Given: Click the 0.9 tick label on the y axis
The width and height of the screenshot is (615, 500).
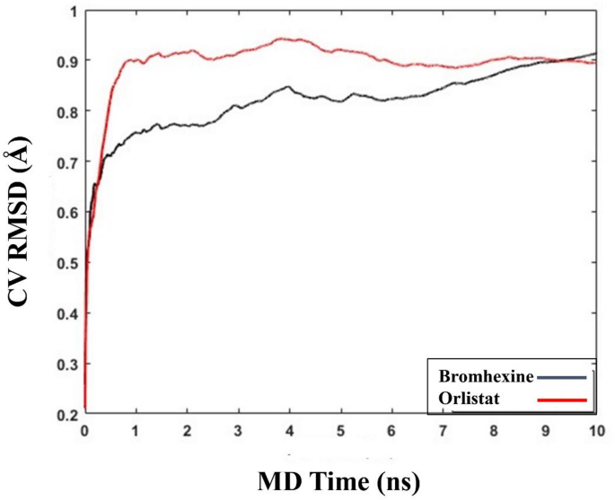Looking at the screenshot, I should (x=65, y=61).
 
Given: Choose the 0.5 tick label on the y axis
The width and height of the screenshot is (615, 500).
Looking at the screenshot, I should (x=65, y=263).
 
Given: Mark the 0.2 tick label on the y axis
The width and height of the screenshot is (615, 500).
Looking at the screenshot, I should (x=65, y=415).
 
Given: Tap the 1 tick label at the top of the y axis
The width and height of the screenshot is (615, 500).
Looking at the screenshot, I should (x=71, y=11).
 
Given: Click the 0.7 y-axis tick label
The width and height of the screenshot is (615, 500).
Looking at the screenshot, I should (x=65, y=162).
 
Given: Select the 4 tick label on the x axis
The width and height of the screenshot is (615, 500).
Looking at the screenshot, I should (x=289, y=430).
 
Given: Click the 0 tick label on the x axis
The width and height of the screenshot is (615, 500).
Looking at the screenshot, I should (x=84, y=430).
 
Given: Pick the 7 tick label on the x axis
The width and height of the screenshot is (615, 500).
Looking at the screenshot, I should (x=442, y=430).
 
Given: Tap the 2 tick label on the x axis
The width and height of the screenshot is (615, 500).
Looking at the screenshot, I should (x=187, y=430).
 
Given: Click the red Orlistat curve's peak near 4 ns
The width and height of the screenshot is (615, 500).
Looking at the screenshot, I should (x=286, y=39).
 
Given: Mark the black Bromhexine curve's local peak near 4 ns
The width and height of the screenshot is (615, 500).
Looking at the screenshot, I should (x=288, y=87).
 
